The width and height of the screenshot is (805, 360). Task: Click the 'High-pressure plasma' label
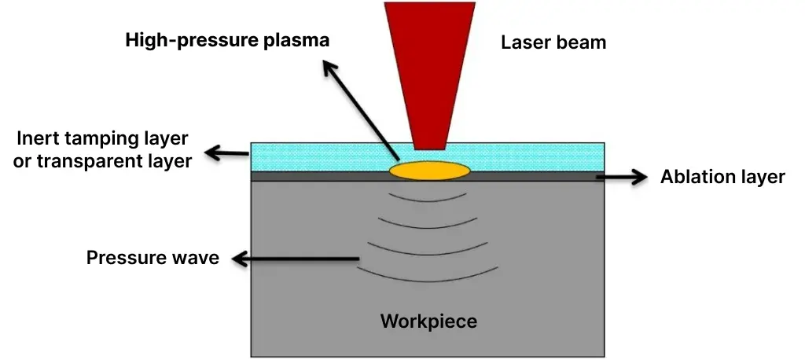pyautogui.click(x=227, y=40)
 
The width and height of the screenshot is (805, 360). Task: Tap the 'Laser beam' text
pyautogui.click(x=553, y=42)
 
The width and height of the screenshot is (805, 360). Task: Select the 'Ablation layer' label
pyautogui.click(x=722, y=177)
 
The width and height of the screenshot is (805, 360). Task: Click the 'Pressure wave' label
pyautogui.click(x=153, y=258)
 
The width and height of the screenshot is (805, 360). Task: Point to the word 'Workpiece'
pyautogui.click(x=428, y=321)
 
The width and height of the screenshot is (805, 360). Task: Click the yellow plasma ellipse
pyautogui.click(x=429, y=170)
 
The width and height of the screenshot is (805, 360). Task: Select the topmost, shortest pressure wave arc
pyautogui.click(x=428, y=199)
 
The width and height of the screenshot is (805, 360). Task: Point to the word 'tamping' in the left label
pyautogui.click(x=94, y=139)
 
